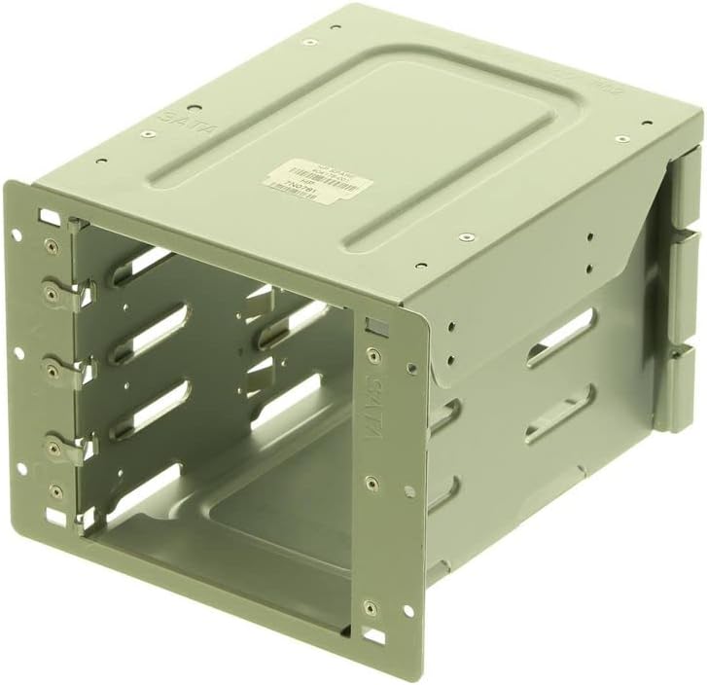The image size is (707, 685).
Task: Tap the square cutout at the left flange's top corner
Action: [x=45, y=215]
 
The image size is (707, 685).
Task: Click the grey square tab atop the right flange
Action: [x=373, y=327]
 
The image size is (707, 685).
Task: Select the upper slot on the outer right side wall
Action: [x=560, y=337]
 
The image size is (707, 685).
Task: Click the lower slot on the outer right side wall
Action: [x=559, y=414]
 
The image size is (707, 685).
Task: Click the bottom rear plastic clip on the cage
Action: [x=678, y=387]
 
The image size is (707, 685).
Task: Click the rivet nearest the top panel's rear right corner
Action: [x=622, y=138]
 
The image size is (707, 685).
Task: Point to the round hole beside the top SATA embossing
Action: [x=194, y=109]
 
